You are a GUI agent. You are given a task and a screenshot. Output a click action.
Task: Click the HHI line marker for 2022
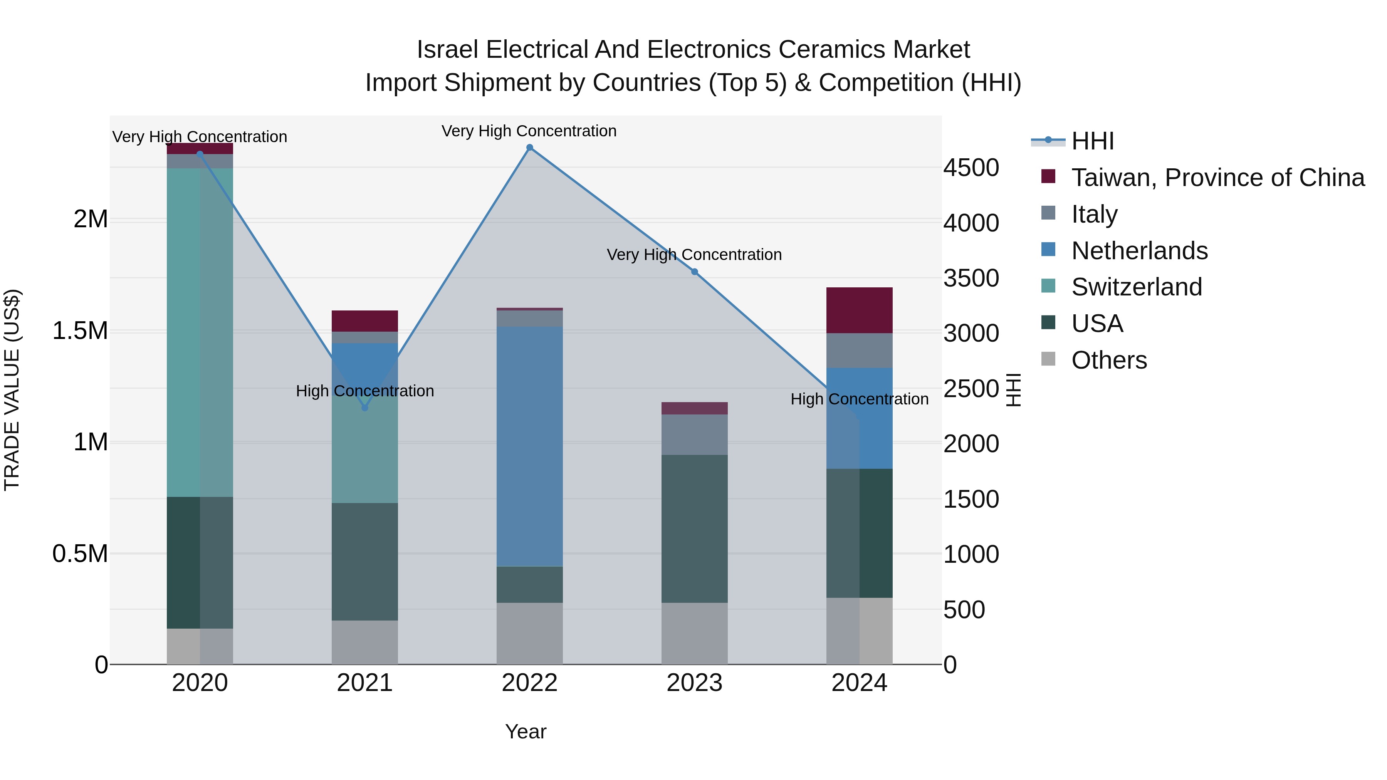click(529, 148)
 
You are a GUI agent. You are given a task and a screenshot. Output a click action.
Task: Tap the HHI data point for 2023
click(695, 272)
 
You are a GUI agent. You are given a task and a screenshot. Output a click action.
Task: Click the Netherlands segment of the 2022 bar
click(529, 446)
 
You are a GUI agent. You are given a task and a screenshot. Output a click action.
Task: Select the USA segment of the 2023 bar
click(695, 528)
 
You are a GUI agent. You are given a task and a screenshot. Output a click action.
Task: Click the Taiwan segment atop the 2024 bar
click(859, 310)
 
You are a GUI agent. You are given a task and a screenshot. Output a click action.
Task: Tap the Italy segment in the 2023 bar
click(695, 434)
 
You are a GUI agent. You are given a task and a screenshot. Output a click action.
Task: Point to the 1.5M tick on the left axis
click(80, 330)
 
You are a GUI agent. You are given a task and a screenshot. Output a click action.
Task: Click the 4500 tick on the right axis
click(971, 168)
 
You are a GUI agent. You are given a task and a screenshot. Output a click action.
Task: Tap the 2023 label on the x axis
click(695, 683)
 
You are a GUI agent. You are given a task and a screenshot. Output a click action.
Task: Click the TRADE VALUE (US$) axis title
click(12, 390)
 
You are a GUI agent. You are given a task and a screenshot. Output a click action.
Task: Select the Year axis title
click(526, 731)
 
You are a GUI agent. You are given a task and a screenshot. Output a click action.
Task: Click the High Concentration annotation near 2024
click(859, 399)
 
